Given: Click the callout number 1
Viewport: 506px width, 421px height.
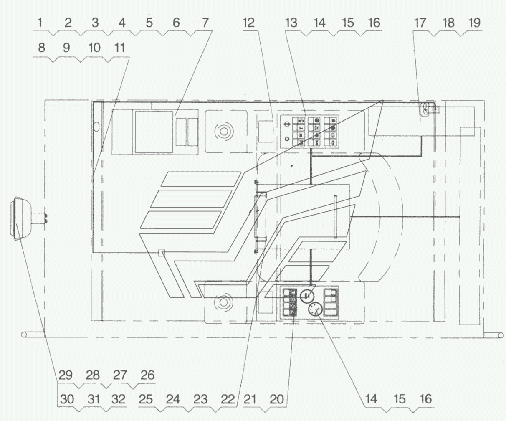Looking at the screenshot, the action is (x=40, y=23).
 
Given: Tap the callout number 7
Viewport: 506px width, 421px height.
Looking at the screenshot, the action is (x=205, y=23).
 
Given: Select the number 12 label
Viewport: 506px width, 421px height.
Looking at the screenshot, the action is (x=249, y=23).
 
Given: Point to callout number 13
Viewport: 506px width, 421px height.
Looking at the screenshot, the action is (x=291, y=23).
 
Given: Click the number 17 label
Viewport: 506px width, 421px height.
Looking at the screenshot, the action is (x=420, y=23).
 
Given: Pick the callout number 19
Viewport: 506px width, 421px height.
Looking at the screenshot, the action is (x=474, y=23).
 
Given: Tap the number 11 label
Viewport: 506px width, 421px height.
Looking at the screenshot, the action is (x=119, y=48).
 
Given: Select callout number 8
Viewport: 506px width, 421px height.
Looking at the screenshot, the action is (x=42, y=48).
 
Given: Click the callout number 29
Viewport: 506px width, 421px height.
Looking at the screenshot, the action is (x=66, y=375).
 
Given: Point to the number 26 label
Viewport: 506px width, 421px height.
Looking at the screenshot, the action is (x=148, y=375).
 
